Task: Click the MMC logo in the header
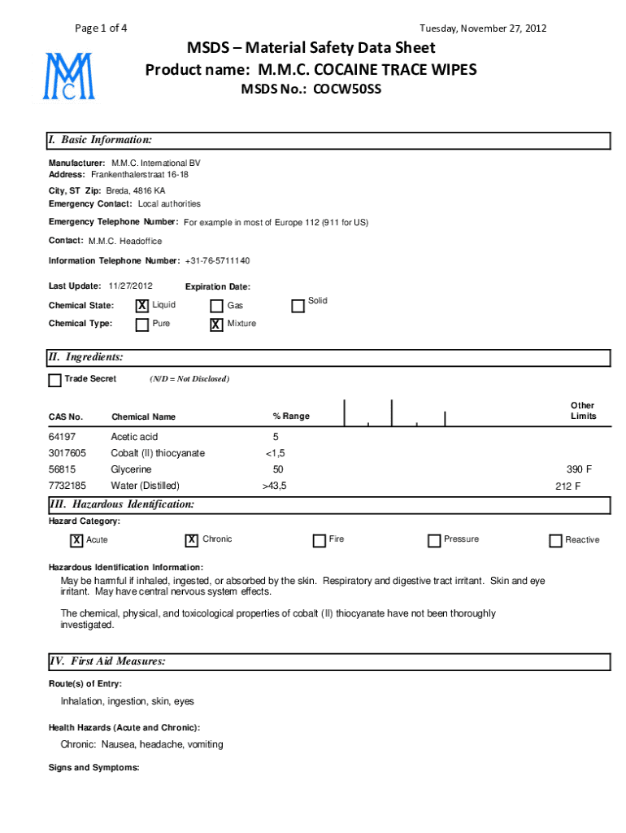[x=69, y=76]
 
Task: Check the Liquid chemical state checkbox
[x=142, y=306]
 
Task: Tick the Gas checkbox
[x=216, y=307]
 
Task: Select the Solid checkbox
[x=298, y=305]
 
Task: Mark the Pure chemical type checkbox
[x=142, y=325]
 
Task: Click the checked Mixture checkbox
[x=216, y=325]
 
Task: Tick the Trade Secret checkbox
[x=54, y=380]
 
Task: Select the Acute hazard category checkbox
[x=76, y=540]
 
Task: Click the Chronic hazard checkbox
[x=192, y=540]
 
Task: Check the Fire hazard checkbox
[x=320, y=541]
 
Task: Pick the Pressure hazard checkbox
[x=434, y=541]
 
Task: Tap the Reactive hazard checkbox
[x=555, y=541]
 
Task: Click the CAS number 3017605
[x=67, y=453]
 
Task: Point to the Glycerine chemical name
[x=131, y=469]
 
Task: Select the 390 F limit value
[x=579, y=469]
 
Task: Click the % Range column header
[x=291, y=416]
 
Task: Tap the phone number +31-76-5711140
[x=217, y=261]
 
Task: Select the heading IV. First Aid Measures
[x=107, y=661]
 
